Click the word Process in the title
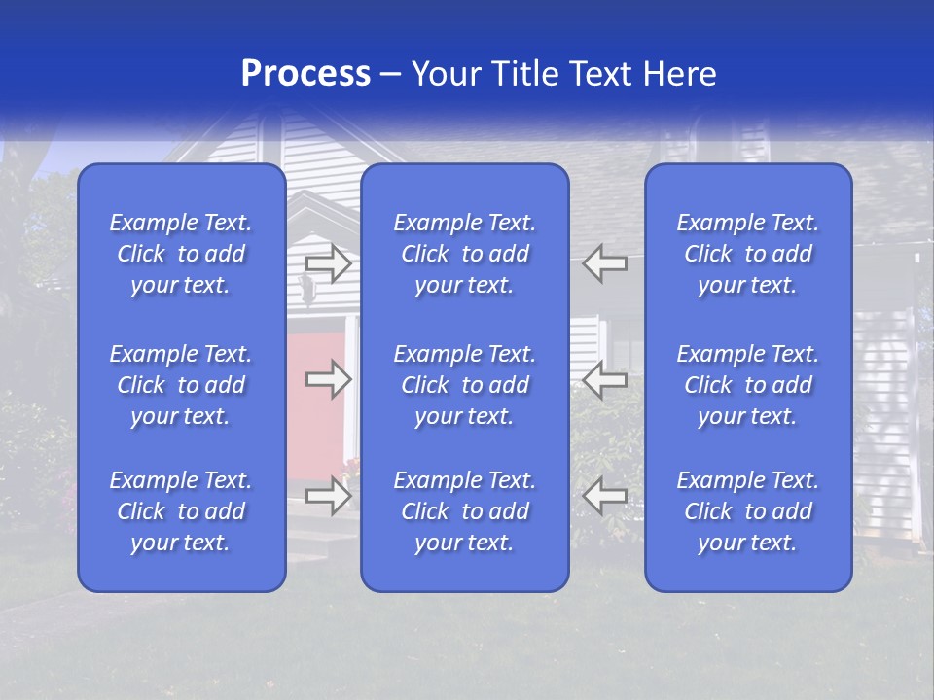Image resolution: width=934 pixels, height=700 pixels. coord(305,74)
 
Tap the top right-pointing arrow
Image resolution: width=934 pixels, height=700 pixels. coord(329,262)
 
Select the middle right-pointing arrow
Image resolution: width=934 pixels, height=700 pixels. coord(329,379)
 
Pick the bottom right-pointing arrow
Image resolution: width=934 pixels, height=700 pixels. coord(329,496)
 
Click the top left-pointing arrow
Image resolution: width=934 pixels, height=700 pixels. coord(605,262)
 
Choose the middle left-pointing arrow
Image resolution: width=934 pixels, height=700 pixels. coord(605,379)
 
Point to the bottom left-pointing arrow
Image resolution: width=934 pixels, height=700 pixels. coord(605,496)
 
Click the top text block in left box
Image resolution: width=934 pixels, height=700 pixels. coord(181,254)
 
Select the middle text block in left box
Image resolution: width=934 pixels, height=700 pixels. coord(181,385)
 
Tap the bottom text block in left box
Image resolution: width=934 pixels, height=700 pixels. coord(181,511)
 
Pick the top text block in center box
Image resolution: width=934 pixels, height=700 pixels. coord(465,254)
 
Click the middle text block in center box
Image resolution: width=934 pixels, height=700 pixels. coord(465,385)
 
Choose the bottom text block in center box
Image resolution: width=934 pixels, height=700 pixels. coord(465,511)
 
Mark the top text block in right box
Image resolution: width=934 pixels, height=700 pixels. coord(748,254)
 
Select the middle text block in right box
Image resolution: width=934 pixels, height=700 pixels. coord(748,385)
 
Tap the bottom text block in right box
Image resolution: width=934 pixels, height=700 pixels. coord(748,511)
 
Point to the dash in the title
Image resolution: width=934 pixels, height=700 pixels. coord(391,75)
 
